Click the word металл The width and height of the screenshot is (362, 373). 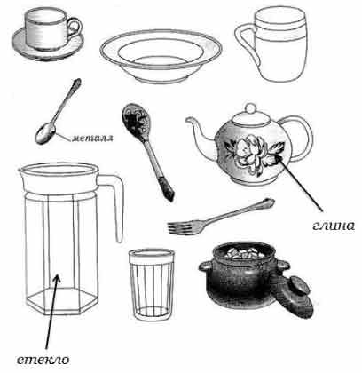tap(92, 138)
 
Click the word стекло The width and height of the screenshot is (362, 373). tap(43, 360)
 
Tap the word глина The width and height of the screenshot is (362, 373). tap(334, 226)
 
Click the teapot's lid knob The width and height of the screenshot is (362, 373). tap(251, 108)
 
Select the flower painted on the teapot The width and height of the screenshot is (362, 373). tap(254, 153)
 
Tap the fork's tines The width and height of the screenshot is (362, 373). tap(180, 227)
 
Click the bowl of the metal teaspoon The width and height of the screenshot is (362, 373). tap(45, 133)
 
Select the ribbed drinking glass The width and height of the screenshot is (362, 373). tap(152, 284)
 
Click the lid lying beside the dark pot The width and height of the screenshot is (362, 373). tap(295, 296)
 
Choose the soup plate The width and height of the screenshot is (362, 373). tap(161, 56)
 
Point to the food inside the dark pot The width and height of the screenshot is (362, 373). tap(242, 253)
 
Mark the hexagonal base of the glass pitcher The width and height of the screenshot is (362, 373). tap(62, 300)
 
